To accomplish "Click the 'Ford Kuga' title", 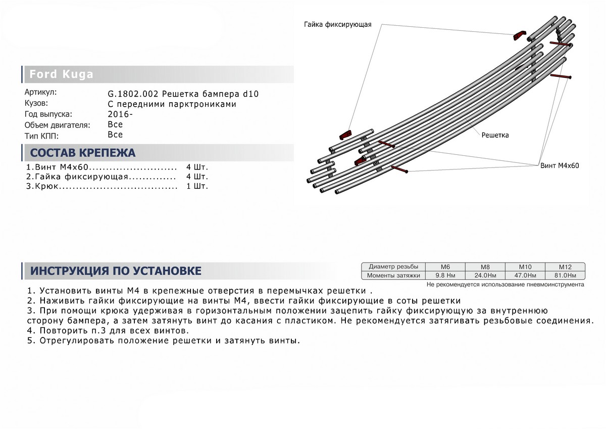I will click(x=61, y=74).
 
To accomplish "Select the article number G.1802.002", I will click(x=129, y=94).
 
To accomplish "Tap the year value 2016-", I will click(x=121, y=114).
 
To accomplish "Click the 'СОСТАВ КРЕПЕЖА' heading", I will click(x=83, y=153).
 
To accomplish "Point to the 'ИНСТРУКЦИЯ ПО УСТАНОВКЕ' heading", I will click(x=116, y=271).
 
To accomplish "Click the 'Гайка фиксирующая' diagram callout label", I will click(x=338, y=24).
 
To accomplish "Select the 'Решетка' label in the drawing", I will click(x=495, y=135).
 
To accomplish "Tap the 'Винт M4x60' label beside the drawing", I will click(x=559, y=165).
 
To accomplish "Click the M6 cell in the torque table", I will click(x=445, y=267).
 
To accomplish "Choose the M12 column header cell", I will click(x=565, y=267).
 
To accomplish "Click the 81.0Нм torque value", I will click(x=565, y=275).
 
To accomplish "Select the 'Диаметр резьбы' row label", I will click(x=393, y=267).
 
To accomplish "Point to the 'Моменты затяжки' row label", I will click(x=393, y=275).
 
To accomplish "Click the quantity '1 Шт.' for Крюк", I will click(x=197, y=186).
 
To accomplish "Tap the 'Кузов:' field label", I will click(x=36, y=103).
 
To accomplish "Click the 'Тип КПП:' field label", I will click(x=41, y=136).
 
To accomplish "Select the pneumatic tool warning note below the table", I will click(x=505, y=285).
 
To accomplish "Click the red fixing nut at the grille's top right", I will click(x=519, y=35).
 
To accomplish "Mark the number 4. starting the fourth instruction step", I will click(x=30, y=330).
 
